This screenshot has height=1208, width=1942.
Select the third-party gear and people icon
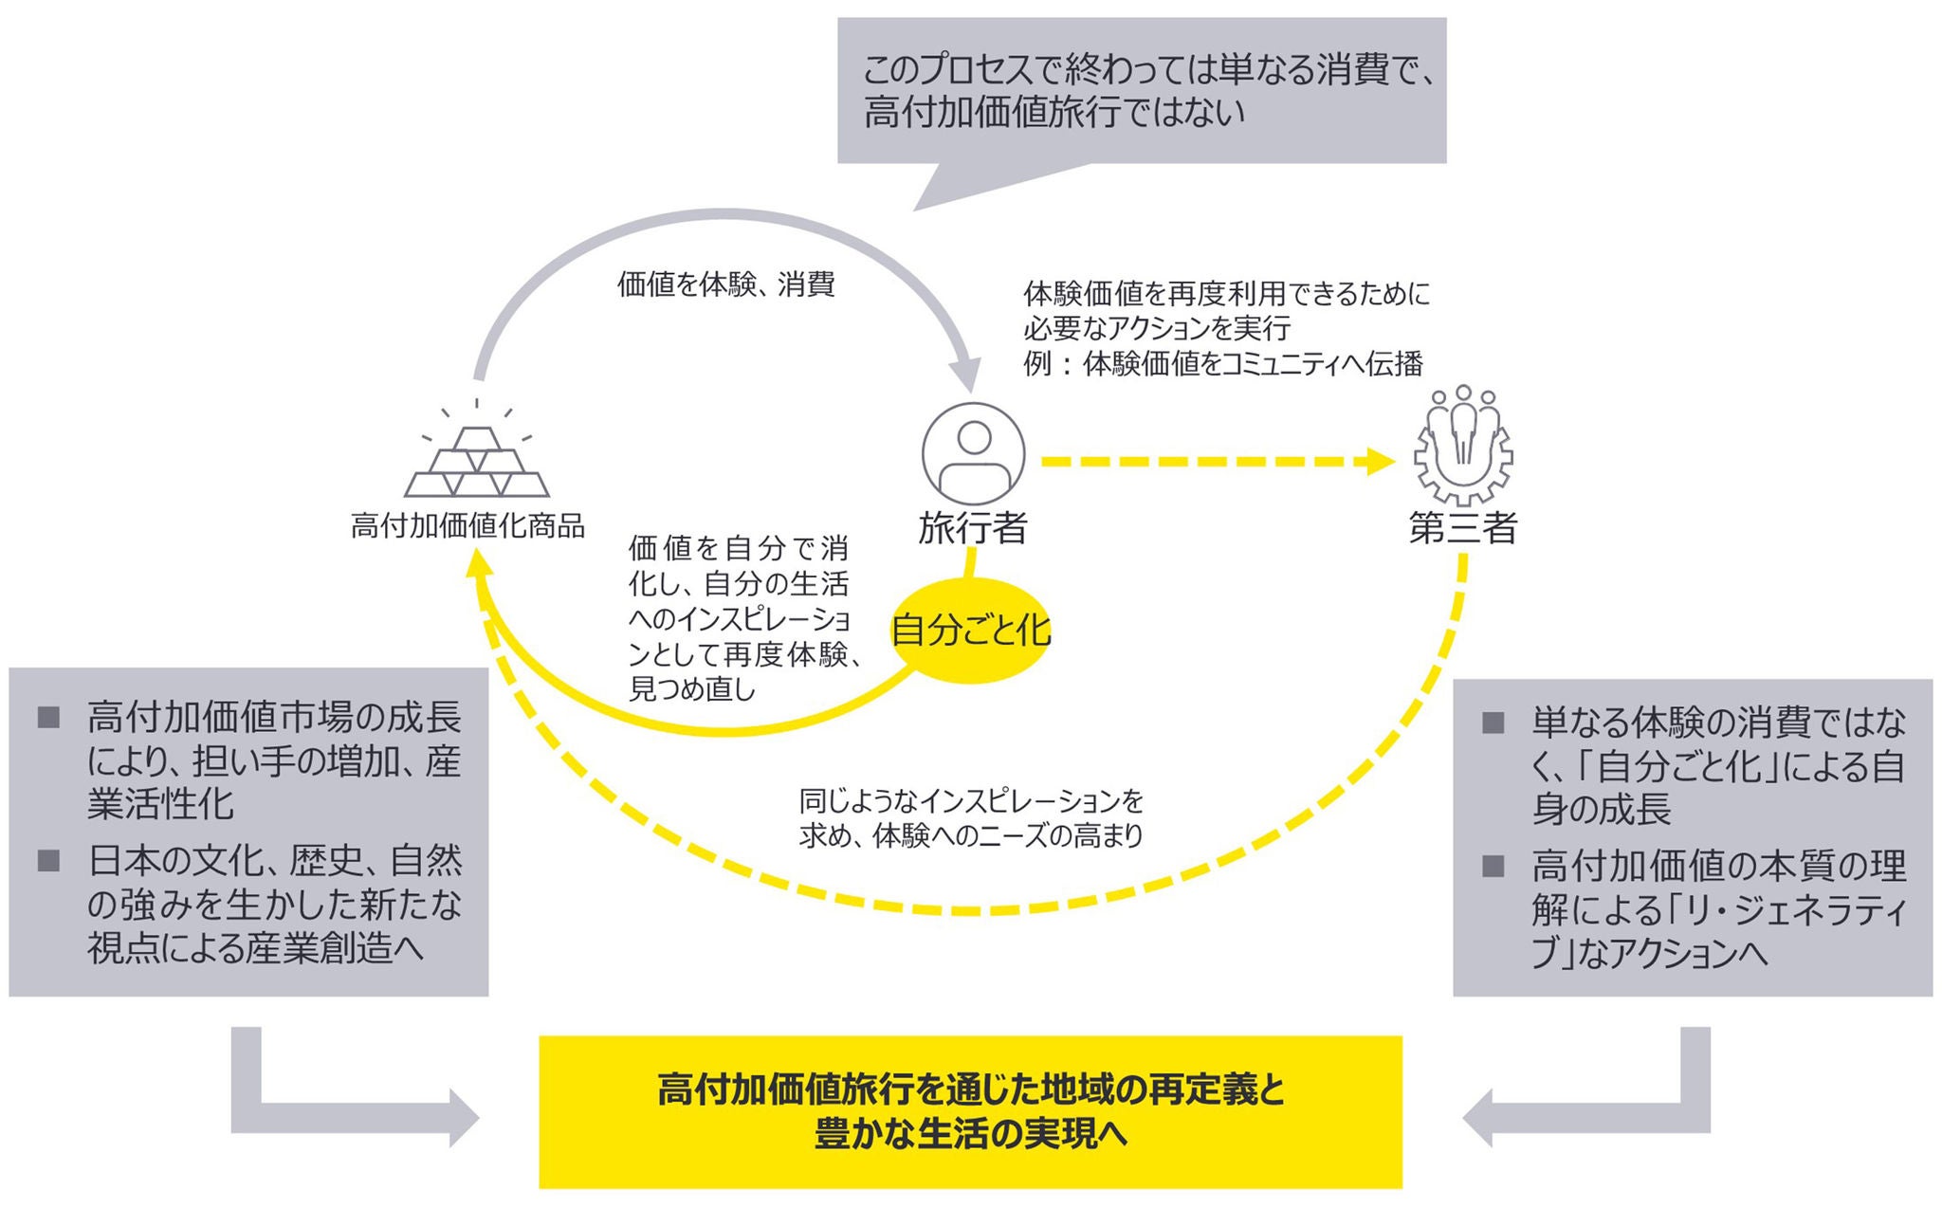[1463, 446]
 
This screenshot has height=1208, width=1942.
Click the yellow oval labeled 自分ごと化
[971, 631]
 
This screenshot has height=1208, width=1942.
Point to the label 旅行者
[973, 528]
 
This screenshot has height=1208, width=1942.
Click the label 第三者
[1463, 528]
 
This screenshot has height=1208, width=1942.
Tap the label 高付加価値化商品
[467, 525]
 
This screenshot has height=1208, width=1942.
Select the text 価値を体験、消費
[725, 284]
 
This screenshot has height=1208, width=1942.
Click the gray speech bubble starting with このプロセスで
[1142, 91]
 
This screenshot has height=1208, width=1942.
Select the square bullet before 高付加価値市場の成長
[48, 717]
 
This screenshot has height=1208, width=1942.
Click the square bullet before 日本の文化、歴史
[48, 861]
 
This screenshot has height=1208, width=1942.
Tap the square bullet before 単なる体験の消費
[1493, 723]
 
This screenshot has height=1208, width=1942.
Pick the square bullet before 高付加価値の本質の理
[1493, 866]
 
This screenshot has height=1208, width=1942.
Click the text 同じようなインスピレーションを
[971, 802]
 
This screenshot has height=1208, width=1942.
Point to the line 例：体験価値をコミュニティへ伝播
[1223, 363]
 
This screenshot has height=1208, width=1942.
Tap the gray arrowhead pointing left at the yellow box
[1478, 1118]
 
